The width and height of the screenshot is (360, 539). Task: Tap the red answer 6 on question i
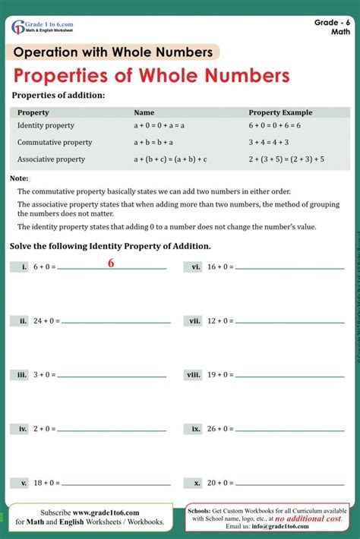[x=111, y=263]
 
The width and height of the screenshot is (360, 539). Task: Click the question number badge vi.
[x=196, y=267]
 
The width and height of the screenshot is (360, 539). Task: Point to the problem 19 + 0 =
[x=220, y=375]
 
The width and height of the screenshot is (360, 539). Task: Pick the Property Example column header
[x=280, y=112]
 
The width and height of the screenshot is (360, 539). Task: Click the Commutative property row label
[x=55, y=142]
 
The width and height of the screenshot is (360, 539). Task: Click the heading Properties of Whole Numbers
[x=152, y=76]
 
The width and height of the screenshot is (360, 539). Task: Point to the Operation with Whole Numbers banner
[x=114, y=52]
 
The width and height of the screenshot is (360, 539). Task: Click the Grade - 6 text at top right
[x=332, y=23]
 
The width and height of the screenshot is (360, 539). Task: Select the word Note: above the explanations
[x=19, y=178]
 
